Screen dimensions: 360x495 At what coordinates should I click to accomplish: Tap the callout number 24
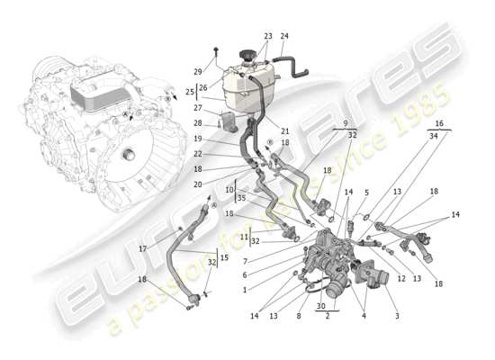[284, 36]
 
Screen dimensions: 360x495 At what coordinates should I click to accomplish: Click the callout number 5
[366, 192]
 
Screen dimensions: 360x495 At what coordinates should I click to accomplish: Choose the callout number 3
[397, 316]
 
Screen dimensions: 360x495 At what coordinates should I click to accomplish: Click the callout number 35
[242, 197]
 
